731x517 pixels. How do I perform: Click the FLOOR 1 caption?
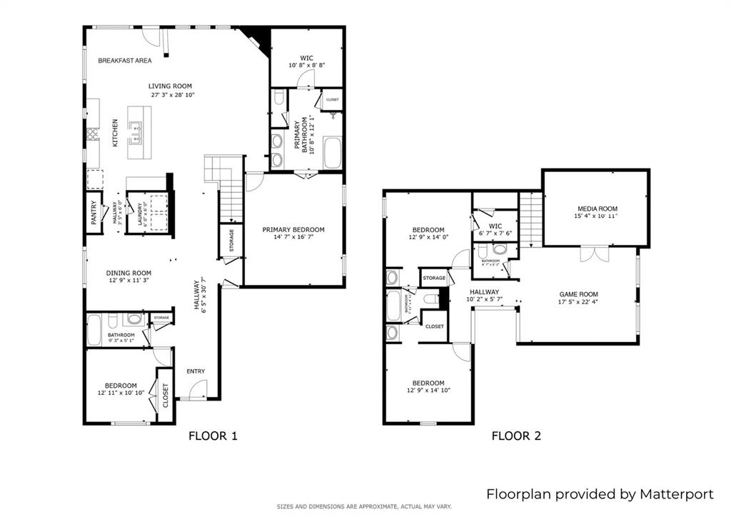[x=212, y=436]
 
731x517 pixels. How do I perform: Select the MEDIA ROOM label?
[x=597, y=208]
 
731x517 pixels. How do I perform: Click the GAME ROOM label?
[x=578, y=294]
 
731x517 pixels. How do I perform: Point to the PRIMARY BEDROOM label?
[x=293, y=229]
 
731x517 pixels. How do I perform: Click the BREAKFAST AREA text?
[x=124, y=61]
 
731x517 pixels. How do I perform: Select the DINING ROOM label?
[x=128, y=273]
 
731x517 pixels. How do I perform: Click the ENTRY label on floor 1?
[x=196, y=371]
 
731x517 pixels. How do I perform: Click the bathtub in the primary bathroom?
[x=333, y=153]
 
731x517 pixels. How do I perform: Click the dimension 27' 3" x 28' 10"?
[x=171, y=95]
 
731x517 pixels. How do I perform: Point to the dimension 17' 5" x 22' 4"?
[x=578, y=303]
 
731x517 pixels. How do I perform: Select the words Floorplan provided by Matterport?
[x=600, y=493]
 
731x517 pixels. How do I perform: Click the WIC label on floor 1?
[x=307, y=57]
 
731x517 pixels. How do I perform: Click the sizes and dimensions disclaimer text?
[x=364, y=507]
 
